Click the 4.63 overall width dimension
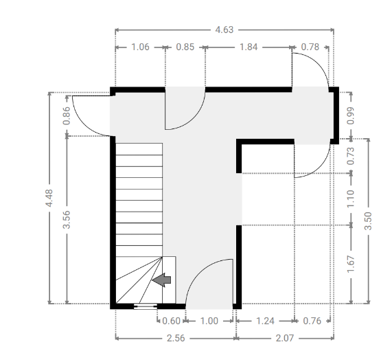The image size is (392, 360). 224,30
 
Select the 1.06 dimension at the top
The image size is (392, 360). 140,47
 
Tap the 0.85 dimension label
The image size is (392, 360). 185,47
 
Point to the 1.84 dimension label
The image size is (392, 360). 249,47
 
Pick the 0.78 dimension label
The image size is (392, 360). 310,47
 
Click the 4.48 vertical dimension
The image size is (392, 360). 49,198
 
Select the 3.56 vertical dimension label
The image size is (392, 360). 67,220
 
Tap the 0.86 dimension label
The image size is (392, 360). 67,115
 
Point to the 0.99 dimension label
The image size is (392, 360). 351,115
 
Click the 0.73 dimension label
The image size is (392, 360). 351,156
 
